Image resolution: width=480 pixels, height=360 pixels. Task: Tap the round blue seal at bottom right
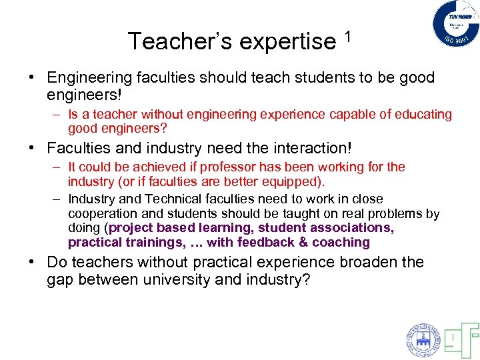pos(423,340)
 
